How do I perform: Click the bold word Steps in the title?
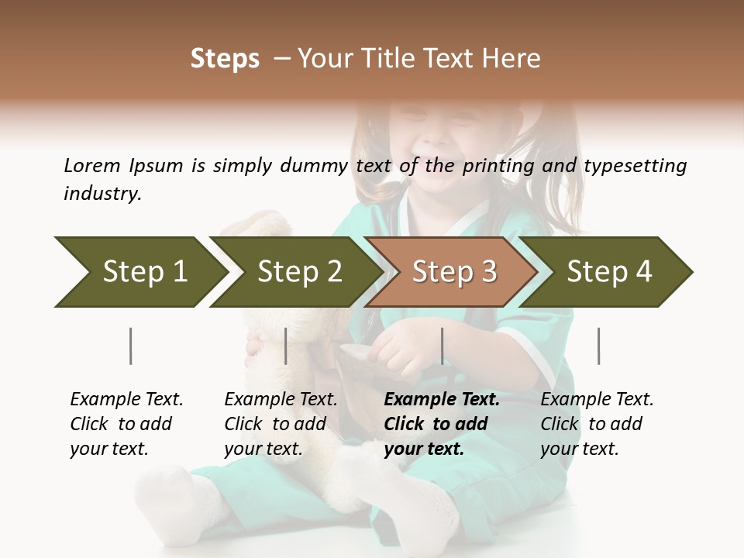225,59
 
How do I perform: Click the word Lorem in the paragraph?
91,165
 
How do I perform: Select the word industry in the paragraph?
102,194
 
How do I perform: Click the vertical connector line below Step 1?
130,346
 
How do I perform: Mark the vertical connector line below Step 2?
286,346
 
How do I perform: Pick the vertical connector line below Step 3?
442,346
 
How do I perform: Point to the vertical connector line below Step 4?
598,346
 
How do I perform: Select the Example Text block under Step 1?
126,424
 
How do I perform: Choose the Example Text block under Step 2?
281,424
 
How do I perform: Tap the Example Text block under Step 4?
597,424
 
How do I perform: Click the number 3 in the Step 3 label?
488,272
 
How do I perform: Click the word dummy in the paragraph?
318,166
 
